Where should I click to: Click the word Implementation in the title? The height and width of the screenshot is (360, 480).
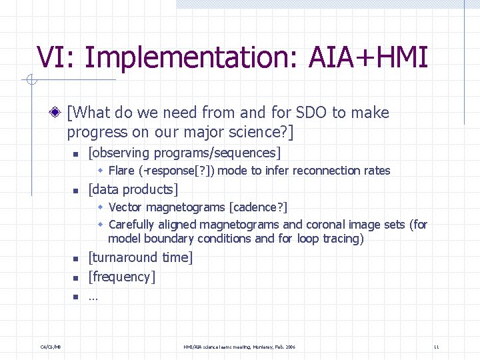click(x=191, y=58)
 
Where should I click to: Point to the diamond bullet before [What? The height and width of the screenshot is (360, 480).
click(x=59, y=113)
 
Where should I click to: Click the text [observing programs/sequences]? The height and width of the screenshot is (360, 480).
click(x=185, y=153)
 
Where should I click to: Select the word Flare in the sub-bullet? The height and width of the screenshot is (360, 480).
click(x=121, y=171)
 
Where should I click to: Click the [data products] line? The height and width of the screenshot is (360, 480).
click(x=133, y=189)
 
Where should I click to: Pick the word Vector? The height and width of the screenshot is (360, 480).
click(x=126, y=208)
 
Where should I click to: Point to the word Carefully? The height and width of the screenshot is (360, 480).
click(x=131, y=224)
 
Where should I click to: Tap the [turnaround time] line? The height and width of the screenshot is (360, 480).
click(x=141, y=257)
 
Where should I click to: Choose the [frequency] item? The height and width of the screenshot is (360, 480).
click(x=122, y=277)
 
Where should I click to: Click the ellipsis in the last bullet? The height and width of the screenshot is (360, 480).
click(x=93, y=297)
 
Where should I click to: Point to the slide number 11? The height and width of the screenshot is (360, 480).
click(x=436, y=347)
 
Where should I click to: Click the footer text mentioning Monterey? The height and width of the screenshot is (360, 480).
click(x=239, y=347)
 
